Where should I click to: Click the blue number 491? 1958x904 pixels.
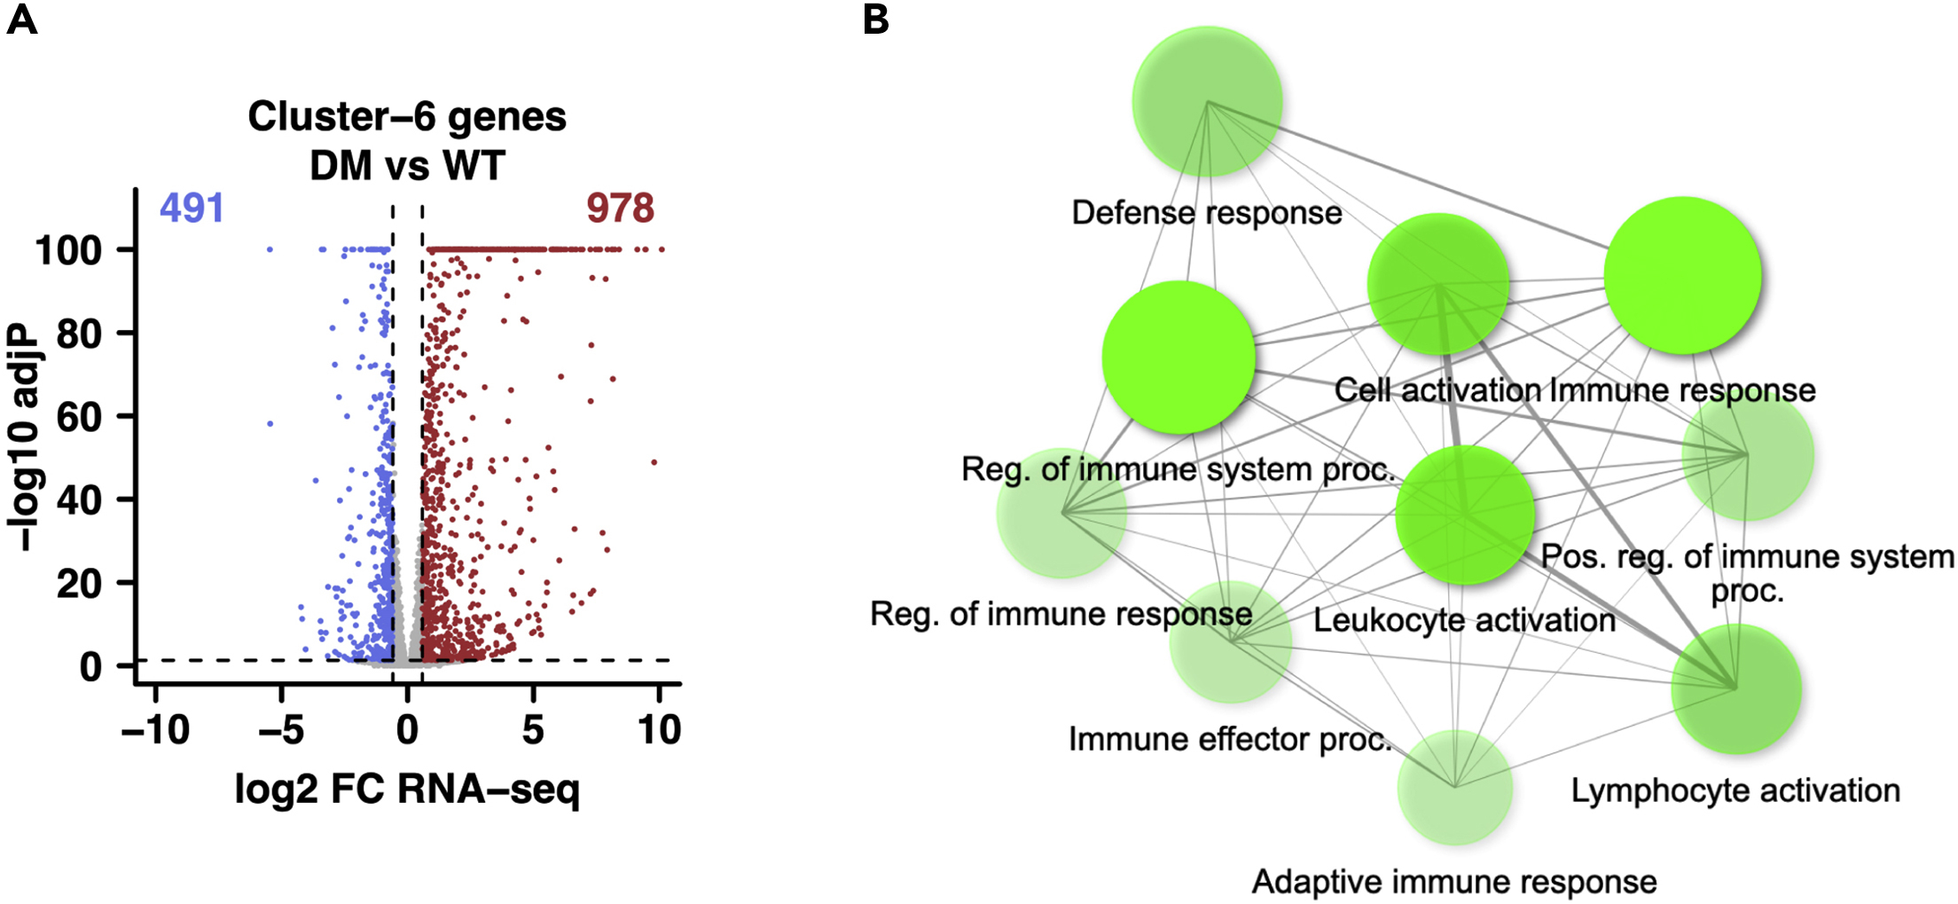click(192, 208)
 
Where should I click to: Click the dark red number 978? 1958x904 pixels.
click(620, 208)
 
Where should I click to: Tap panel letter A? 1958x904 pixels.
click(21, 19)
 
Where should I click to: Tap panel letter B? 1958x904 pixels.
click(875, 19)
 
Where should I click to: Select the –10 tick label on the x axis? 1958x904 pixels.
click(155, 730)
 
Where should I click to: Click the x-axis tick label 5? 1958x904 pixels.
click(532, 730)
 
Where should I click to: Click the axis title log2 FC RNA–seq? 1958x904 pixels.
click(407, 789)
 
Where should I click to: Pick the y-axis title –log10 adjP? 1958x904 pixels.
click(25, 436)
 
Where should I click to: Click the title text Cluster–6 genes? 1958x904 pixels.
click(407, 117)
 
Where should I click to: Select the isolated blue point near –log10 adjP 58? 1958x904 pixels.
click(270, 424)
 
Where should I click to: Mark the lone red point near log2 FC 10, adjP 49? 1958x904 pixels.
click(654, 462)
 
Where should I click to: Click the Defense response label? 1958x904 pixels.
click(1206, 213)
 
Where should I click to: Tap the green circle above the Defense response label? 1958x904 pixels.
click(1207, 101)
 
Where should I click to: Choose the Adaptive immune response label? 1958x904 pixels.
click(1454, 882)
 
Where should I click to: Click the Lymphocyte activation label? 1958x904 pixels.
click(1735, 790)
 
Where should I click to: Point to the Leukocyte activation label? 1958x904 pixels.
click(1464, 620)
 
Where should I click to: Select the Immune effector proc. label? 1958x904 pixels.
click(1230, 739)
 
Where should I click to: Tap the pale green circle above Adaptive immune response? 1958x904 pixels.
click(1454, 787)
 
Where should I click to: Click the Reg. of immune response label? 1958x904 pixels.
click(1061, 614)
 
